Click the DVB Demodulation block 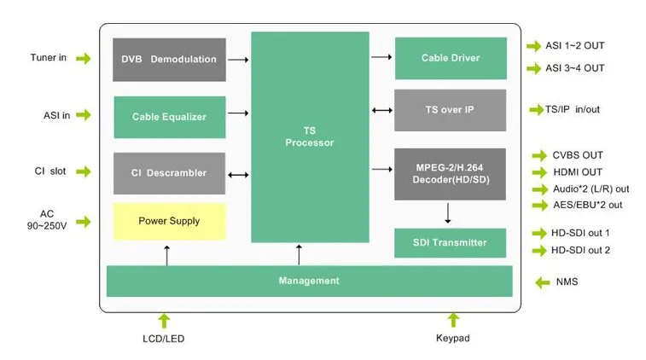(169, 60)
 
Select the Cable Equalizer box (170, 117)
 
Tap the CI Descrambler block (169, 173)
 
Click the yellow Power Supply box (170, 221)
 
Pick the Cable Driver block (451, 58)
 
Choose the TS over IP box (451, 110)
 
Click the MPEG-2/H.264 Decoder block (451, 174)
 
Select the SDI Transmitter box (451, 243)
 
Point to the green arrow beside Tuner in (84, 59)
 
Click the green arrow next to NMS (543, 282)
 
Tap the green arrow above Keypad (453, 321)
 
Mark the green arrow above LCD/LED (164, 321)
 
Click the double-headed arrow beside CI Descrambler (238, 175)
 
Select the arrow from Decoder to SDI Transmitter (448, 213)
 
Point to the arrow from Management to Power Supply (167, 255)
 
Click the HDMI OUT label (578, 172)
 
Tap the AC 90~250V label (47, 220)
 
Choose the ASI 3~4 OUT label (575, 68)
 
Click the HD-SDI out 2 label (580, 251)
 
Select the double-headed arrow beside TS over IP (382, 110)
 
